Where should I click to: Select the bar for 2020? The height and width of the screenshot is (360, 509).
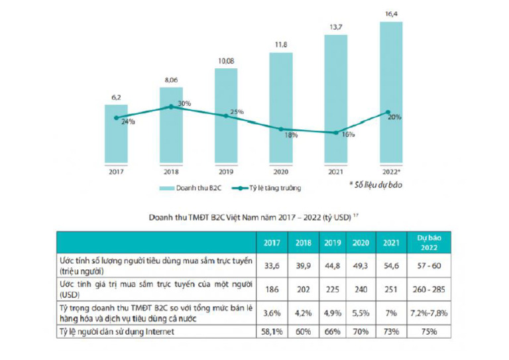pos(281,109)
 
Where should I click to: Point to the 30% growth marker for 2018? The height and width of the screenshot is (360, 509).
pos(171,106)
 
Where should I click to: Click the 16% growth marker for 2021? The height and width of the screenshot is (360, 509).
pos(335,132)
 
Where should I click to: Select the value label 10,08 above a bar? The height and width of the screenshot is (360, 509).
pos(226,62)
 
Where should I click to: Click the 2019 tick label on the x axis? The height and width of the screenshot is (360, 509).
pos(226,171)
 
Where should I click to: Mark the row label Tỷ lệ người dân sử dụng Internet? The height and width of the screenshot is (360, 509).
pos(126,331)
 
